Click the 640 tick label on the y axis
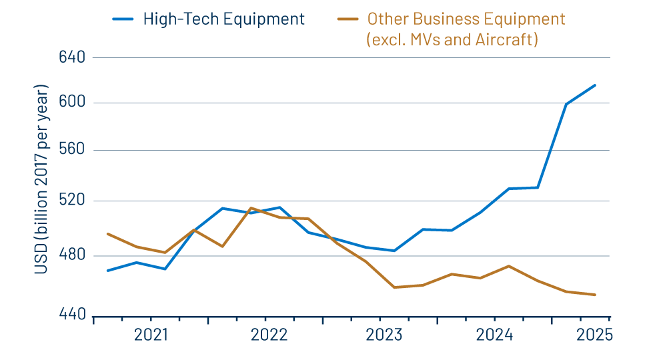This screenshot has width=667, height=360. click(x=71, y=57)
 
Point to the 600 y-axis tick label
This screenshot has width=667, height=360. click(x=71, y=103)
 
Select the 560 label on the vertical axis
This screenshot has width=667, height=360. click(x=71, y=150)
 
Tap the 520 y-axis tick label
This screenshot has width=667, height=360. click(x=71, y=201)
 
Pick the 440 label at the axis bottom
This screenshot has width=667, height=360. click(x=71, y=315)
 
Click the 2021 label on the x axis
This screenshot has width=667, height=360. click(x=151, y=335)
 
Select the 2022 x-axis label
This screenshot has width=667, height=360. click(x=269, y=335)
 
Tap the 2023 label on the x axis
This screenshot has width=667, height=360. click(x=384, y=335)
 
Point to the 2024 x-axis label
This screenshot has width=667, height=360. click(x=494, y=335)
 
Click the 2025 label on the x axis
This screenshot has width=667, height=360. click(x=594, y=335)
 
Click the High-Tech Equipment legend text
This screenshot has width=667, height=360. click(x=223, y=19)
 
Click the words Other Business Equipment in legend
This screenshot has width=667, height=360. click(x=466, y=19)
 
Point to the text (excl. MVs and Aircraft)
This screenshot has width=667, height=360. click(x=452, y=40)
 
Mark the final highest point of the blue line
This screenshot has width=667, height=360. click(x=595, y=85)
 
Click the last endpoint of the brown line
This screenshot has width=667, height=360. click(x=595, y=295)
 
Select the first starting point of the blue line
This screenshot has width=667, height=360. click(x=107, y=271)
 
